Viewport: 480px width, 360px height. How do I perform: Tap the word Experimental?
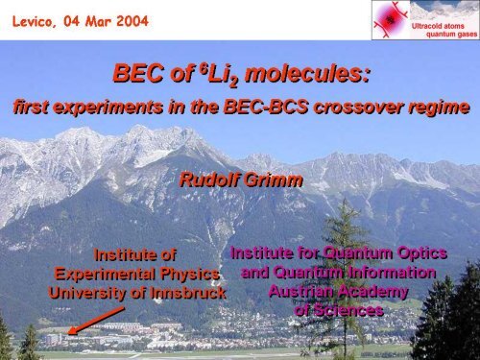100,274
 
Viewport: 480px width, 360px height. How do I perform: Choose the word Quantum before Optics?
348,253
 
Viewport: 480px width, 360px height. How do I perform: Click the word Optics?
421,253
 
